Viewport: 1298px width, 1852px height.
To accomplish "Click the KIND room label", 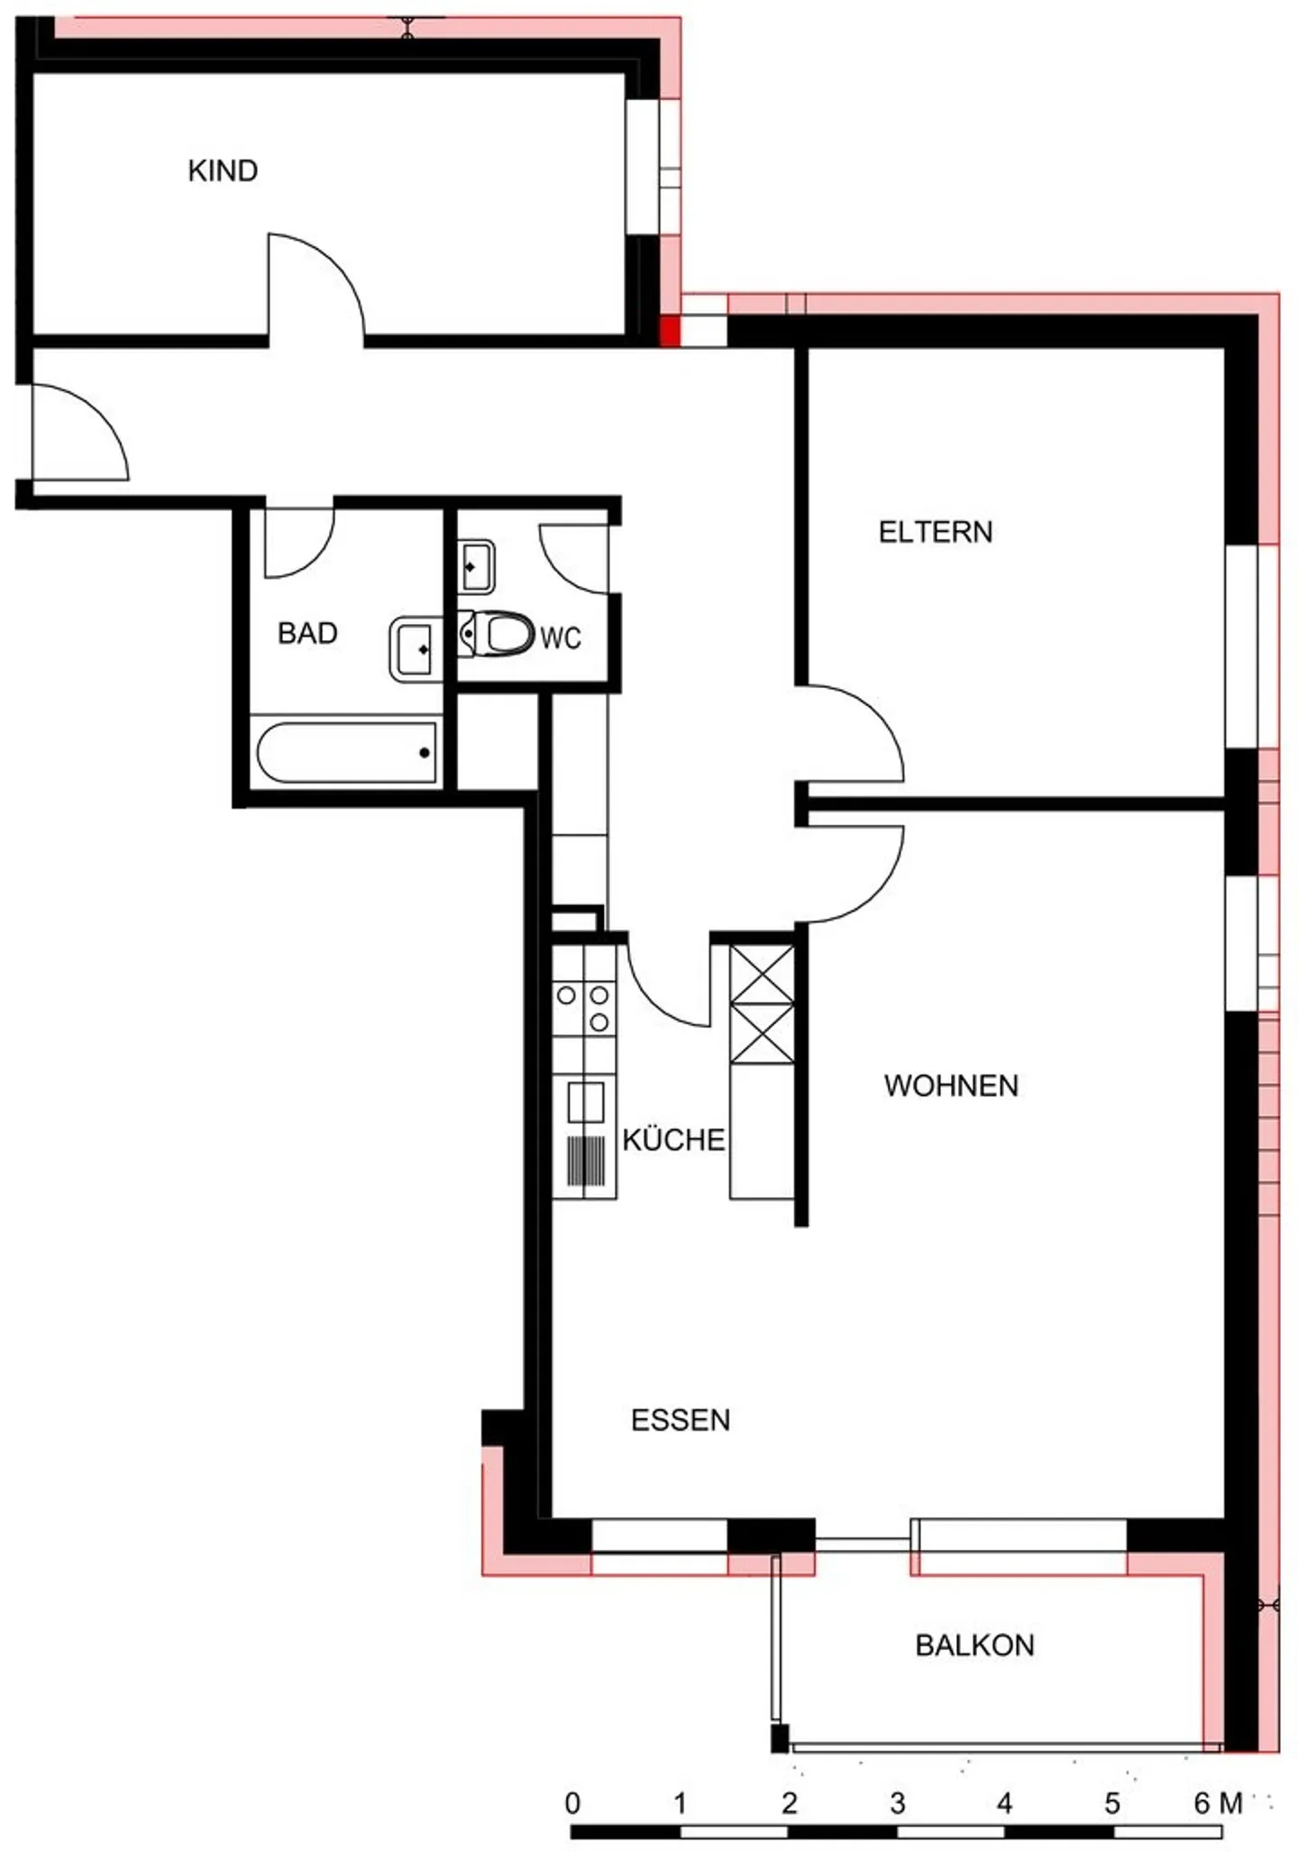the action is [223, 170].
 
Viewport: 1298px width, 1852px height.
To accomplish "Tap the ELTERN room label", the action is [936, 532].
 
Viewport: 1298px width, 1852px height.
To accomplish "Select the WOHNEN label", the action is [951, 1086].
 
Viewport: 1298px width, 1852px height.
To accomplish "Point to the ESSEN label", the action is [681, 1420].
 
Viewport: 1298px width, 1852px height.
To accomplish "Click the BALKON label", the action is [975, 1646].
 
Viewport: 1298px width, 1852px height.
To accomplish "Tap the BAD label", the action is [307, 633].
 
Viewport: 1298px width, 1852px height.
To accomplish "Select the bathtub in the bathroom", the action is [347, 752].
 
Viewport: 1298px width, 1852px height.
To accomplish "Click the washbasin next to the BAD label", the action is [416, 649].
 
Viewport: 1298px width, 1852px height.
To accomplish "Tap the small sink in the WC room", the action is [476, 566].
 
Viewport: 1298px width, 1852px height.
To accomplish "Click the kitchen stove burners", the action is [584, 1008].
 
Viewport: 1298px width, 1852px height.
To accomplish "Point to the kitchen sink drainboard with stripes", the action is [586, 1160].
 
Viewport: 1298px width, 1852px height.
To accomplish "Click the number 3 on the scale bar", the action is [897, 1802].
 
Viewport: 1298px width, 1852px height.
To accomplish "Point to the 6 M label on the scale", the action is [1219, 1802].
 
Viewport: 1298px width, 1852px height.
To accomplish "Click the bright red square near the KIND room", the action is [671, 331].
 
